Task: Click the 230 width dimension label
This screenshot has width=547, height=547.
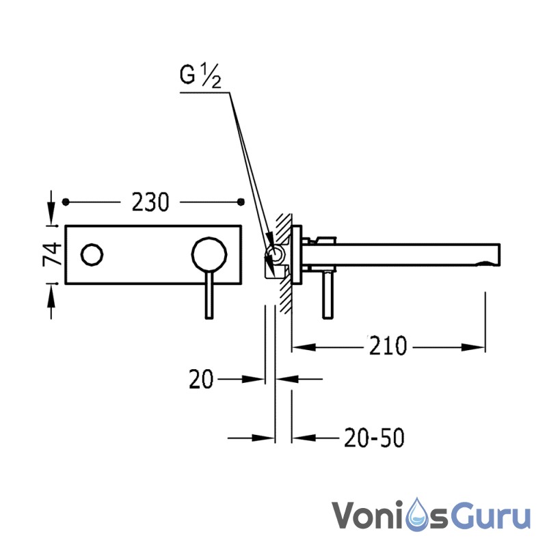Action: (x=150, y=202)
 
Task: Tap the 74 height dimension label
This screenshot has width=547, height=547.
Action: (x=52, y=254)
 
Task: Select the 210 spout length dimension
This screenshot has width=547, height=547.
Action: (x=388, y=346)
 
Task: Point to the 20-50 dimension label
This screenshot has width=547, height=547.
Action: (x=374, y=438)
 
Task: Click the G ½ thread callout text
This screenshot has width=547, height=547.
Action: (x=200, y=75)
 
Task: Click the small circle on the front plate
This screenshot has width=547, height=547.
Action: (x=92, y=254)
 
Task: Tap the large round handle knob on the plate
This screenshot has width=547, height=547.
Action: (x=209, y=254)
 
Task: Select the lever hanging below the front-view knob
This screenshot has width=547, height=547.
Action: (x=209, y=295)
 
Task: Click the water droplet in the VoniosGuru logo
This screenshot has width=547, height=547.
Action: (x=418, y=515)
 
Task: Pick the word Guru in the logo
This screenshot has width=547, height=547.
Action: (x=491, y=516)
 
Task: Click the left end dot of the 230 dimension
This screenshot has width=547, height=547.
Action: (x=66, y=202)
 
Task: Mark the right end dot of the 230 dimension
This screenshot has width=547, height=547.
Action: (x=241, y=202)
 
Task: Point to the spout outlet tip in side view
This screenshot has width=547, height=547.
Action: (x=499, y=254)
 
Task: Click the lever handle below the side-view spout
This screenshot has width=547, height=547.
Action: (x=328, y=295)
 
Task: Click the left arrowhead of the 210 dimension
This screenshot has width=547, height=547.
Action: (x=304, y=347)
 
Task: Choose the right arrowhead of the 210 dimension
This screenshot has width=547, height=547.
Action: (x=473, y=347)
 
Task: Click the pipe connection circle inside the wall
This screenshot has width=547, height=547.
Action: (x=276, y=254)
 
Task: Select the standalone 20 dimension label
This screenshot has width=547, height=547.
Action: (x=201, y=379)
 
